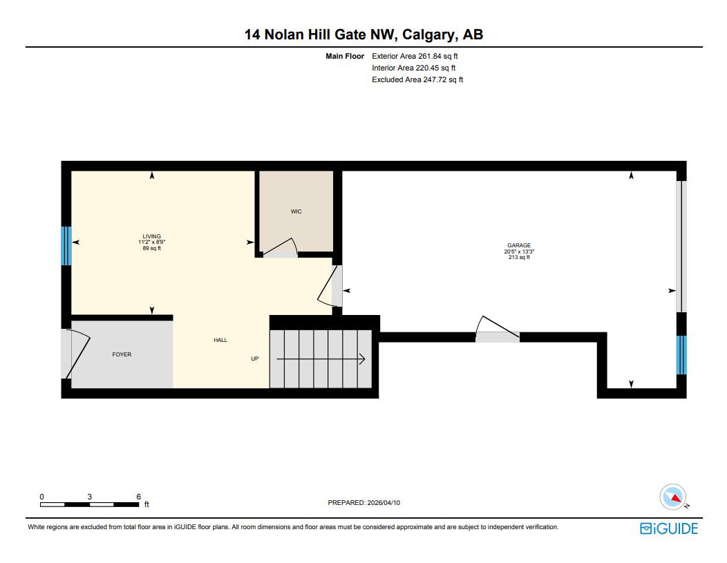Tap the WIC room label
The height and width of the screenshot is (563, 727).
(296, 211)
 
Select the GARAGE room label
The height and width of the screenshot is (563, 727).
(519, 245)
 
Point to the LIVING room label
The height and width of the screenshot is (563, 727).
(151, 236)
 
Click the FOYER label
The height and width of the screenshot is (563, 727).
(122, 354)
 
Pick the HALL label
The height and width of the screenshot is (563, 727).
(220, 340)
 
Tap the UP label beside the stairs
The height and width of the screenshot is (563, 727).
(254, 359)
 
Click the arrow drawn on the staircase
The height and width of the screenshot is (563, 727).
(321, 359)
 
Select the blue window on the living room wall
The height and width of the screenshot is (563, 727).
(66, 246)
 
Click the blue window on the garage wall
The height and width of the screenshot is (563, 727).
(681, 354)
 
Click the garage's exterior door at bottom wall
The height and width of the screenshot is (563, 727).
(497, 329)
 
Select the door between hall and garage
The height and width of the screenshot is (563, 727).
(331, 286)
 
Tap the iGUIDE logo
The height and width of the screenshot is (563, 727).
(668, 528)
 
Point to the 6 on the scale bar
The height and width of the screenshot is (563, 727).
(139, 497)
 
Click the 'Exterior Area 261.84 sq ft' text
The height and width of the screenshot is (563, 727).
(415, 56)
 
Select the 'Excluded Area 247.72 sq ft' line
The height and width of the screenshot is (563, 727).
(417, 79)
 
